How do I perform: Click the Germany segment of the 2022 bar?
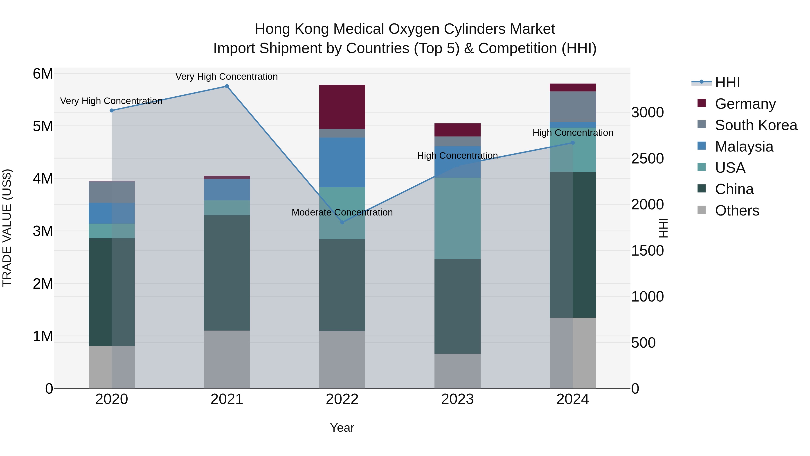click(x=342, y=106)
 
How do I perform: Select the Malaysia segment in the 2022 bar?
click(x=342, y=162)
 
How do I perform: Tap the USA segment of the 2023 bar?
click(x=457, y=218)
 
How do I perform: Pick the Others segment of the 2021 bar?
click(x=227, y=359)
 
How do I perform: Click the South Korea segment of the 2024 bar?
click(x=573, y=106)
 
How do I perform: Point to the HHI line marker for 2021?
click(x=227, y=86)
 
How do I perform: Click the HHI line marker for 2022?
click(x=342, y=222)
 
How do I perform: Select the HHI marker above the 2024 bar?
click(x=573, y=143)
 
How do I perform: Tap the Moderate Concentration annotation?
click(x=342, y=212)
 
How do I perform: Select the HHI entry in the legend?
click(x=727, y=82)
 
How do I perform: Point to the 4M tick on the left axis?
click(x=43, y=179)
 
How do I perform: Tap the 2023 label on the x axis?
click(x=457, y=399)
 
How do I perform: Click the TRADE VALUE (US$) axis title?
click(x=7, y=228)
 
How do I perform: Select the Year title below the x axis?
click(x=342, y=428)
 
